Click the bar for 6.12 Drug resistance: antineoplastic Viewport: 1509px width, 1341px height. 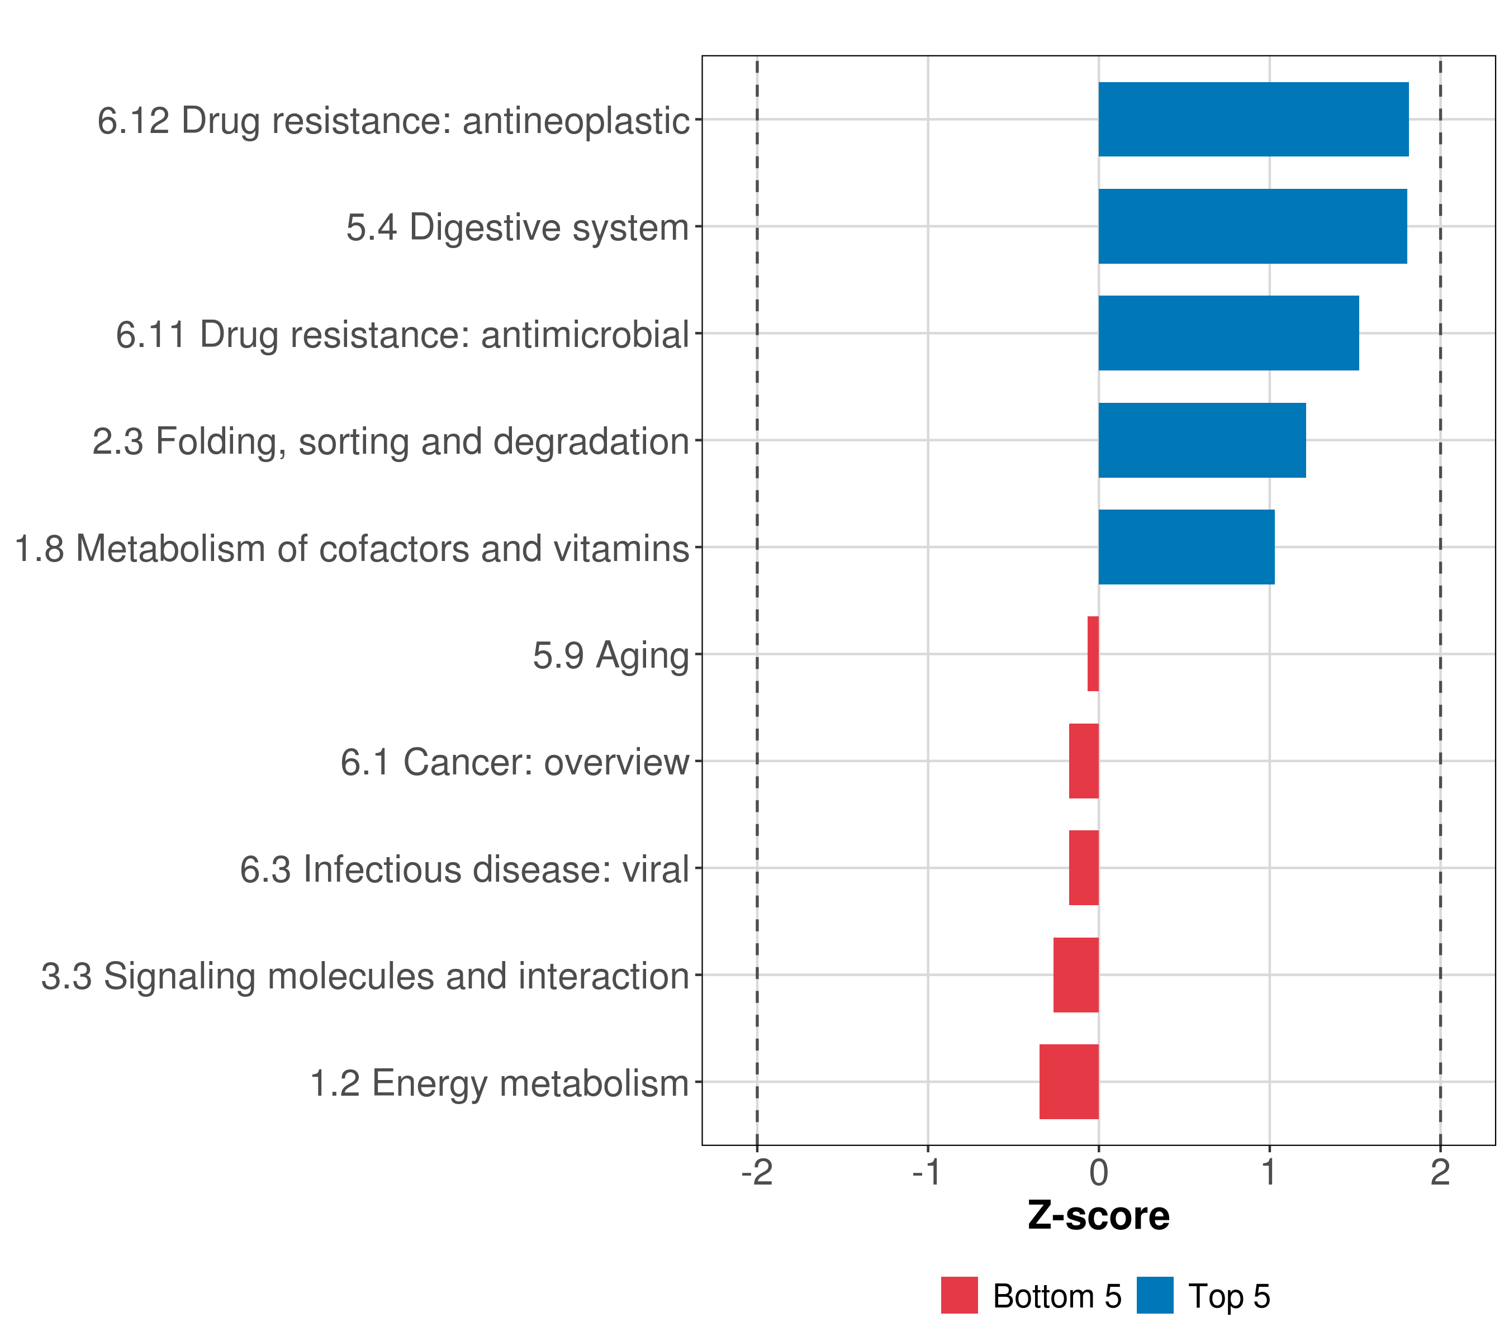click(1253, 119)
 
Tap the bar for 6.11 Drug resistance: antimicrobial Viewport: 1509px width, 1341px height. click(1228, 333)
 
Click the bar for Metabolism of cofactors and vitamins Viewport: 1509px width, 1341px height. click(1187, 547)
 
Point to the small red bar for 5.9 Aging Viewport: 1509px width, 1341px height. click(1093, 654)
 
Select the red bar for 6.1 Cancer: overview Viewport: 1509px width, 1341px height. click(1084, 761)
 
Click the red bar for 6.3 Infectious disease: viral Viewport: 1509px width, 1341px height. click(1084, 868)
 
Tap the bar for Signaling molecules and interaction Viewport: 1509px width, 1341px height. click(1076, 975)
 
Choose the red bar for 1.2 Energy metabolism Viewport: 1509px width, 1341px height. click(1069, 1082)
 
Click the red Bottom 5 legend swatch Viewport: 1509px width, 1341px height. click(959, 1295)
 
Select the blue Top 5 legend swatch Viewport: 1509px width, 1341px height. click(1155, 1295)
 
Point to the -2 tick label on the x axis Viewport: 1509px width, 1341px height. click(757, 1172)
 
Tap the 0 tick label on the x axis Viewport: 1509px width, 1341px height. click(1099, 1172)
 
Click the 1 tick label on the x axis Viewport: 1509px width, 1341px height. click(1269, 1172)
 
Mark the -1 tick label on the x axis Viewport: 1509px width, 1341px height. click(927, 1172)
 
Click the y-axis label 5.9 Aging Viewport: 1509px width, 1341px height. click(610, 655)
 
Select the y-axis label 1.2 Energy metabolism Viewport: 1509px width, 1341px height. click(499, 1083)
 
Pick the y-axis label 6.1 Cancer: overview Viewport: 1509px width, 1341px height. click(515, 762)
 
